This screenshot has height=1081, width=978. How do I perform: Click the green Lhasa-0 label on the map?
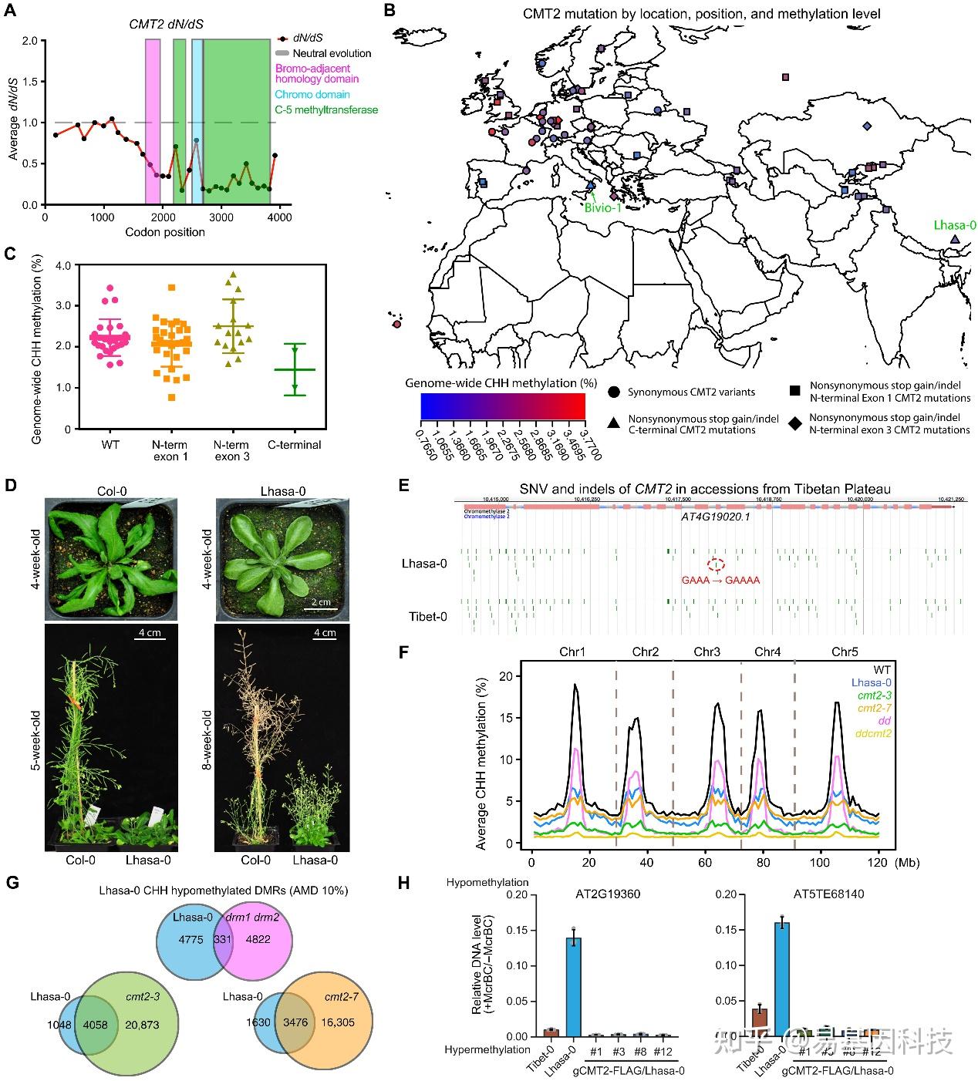955,225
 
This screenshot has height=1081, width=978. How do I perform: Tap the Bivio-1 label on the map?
602,207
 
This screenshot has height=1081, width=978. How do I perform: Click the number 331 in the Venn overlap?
223,939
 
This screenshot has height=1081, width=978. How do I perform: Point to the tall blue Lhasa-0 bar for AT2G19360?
573,986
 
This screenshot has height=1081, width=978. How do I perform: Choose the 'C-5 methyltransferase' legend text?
326,109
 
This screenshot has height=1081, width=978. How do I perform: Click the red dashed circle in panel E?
716,564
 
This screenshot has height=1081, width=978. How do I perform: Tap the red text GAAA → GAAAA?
720,581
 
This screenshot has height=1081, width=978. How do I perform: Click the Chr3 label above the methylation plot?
707,652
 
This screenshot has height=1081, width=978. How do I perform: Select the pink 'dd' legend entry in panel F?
885,719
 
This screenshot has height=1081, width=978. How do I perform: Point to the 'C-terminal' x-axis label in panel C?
295,445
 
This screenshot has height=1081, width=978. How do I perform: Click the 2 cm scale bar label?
320,601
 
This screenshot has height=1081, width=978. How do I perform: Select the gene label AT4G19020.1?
715,516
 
